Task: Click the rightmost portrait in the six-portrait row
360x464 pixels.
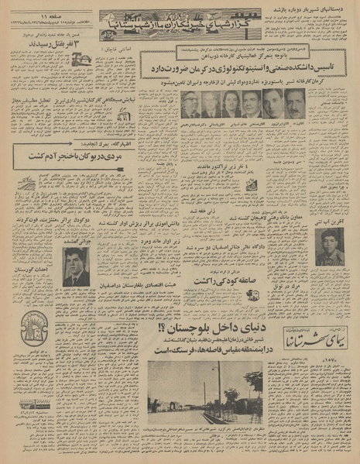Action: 295,104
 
